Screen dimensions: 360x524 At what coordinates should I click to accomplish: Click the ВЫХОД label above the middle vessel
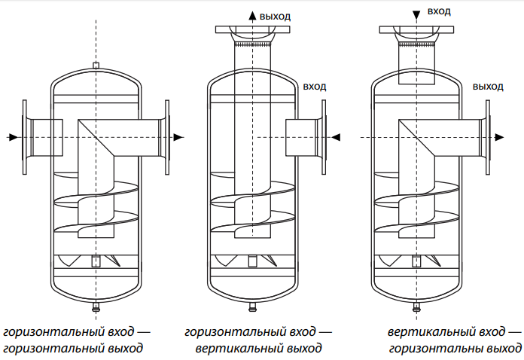275,16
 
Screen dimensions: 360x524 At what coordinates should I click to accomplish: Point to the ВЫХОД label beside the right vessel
488,87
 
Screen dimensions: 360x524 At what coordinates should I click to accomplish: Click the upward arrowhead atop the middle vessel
252,15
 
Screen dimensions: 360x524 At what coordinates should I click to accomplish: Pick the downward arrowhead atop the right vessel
416,14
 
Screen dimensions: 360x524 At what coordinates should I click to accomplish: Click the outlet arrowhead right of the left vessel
178,137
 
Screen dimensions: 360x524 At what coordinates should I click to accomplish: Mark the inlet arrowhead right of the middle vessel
337,137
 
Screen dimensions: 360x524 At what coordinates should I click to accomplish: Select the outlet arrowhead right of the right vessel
501,137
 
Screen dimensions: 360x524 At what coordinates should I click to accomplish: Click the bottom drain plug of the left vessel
96,307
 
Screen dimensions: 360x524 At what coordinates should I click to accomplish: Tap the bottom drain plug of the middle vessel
253,307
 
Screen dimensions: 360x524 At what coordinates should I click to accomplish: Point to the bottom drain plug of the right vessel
416,307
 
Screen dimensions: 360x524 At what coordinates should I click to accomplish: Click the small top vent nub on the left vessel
96,65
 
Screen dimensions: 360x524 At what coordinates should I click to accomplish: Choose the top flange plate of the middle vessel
252,30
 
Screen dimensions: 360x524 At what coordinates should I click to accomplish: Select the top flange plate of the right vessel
416,30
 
